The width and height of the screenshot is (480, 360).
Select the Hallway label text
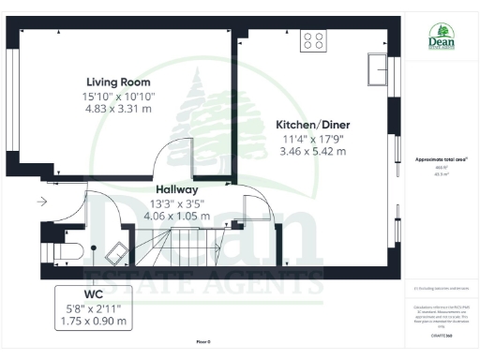click(x=176, y=188)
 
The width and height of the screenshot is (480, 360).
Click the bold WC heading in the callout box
click(x=93, y=293)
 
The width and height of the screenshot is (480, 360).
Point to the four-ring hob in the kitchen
click(x=313, y=41)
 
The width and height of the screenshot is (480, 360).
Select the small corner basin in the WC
click(x=119, y=251)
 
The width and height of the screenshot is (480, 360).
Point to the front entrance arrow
click(x=42, y=202)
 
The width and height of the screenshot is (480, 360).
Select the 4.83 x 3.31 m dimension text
click(x=120, y=109)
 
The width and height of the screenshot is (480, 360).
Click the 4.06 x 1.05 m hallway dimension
click(x=176, y=215)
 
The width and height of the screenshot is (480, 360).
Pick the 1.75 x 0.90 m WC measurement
click(x=93, y=321)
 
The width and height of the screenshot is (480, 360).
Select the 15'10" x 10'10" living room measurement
click(x=120, y=96)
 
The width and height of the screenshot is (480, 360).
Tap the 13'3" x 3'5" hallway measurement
click(x=176, y=202)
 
